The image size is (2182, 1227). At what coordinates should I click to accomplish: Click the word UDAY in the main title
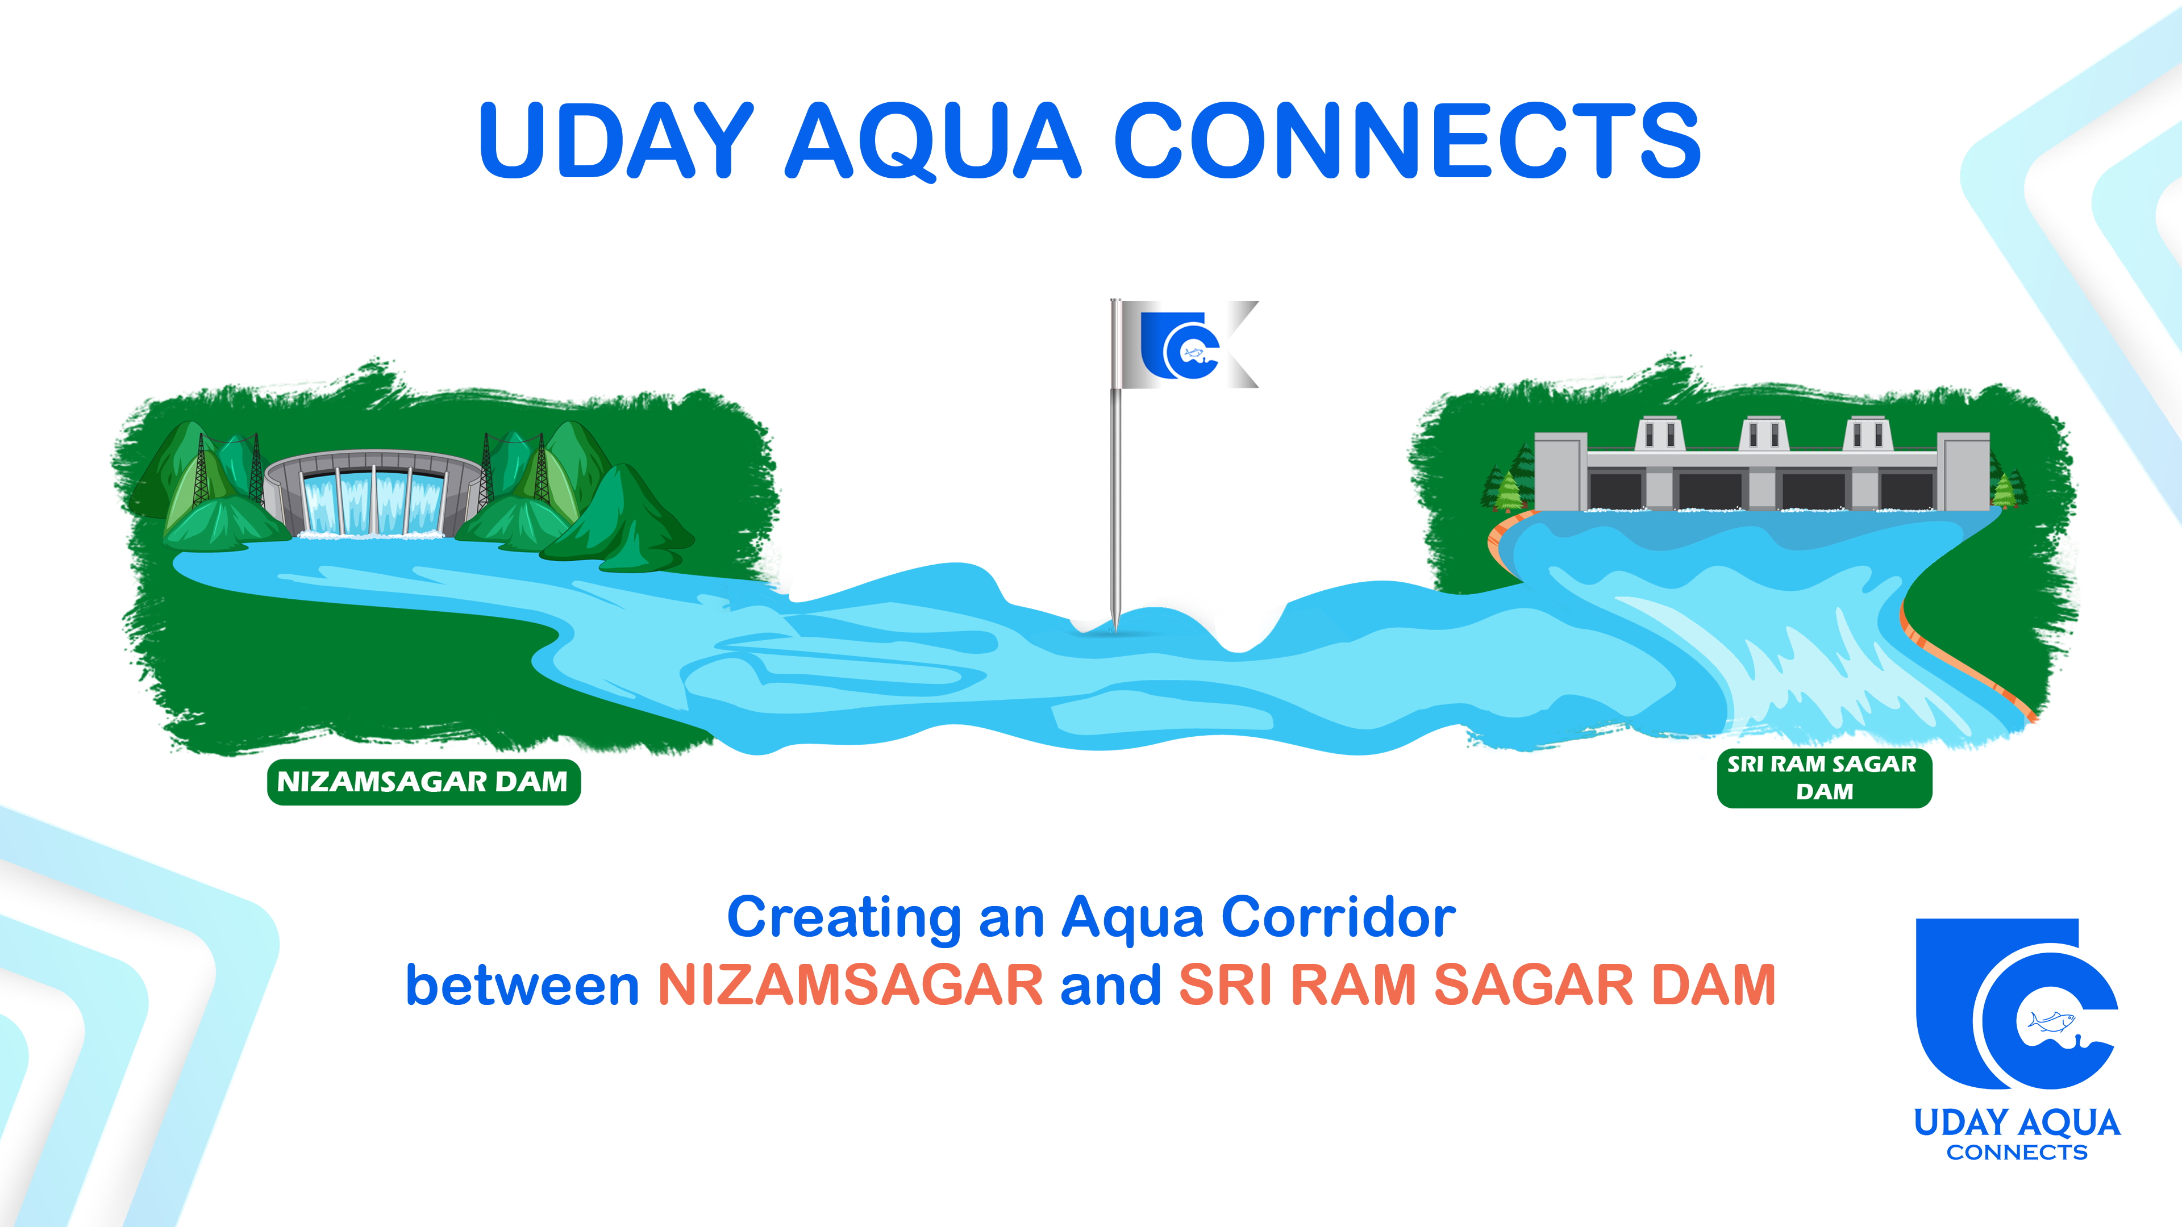tap(616, 140)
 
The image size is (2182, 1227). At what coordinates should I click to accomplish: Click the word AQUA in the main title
tap(934, 140)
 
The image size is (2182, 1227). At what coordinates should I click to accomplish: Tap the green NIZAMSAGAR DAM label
tap(423, 782)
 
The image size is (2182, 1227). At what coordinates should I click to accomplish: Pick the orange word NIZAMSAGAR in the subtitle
tap(851, 985)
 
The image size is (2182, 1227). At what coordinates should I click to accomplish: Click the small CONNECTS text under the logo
tap(2017, 1153)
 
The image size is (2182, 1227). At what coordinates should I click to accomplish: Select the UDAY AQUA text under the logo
tap(2017, 1123)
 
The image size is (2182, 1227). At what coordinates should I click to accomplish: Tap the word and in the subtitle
tap(1110, 985)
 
